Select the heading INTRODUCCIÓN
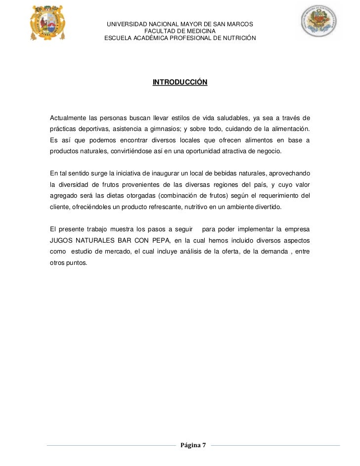[180, 82]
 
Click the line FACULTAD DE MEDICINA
[180, 31]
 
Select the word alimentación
[290, 129]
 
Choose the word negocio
[270, 151]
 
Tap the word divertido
[268, 207]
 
